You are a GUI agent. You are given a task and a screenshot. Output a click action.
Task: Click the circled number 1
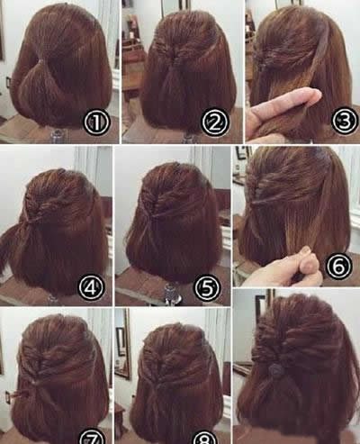(96, 122)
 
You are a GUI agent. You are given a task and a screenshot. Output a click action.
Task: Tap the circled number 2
(215, 122)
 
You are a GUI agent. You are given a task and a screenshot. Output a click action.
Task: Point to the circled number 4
(92, 287)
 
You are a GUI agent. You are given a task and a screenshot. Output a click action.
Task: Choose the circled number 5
(208, 287)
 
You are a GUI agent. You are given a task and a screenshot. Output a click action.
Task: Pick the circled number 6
(338, 266)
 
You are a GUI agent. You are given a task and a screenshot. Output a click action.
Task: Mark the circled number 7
(92, 437)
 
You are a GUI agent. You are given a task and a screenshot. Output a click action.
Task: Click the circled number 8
(205, 438)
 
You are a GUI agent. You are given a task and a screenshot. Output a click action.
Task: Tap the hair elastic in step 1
(40, 61)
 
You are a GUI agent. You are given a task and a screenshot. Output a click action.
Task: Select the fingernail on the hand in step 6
(306, 249)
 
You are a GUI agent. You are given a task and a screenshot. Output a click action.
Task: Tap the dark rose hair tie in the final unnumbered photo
(274, 369)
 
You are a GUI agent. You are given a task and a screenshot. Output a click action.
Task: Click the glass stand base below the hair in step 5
(172, 292)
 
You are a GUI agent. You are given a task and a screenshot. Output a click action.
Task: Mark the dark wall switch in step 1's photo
(8, 82)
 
